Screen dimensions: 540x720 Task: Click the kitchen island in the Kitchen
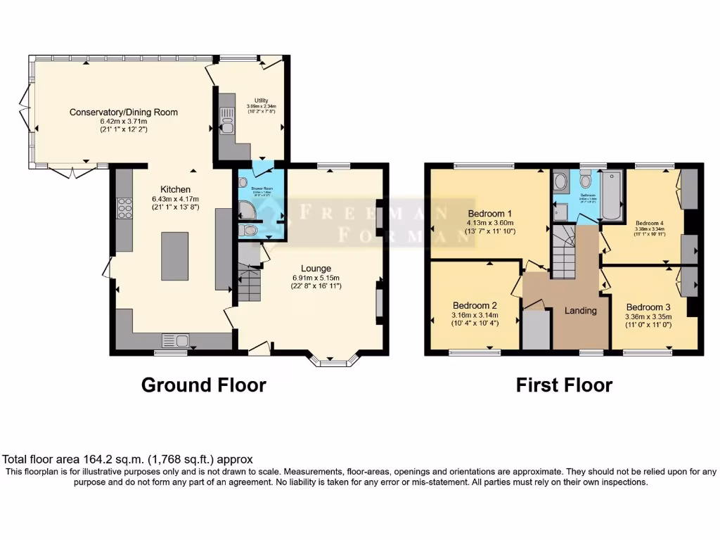click(176, 257)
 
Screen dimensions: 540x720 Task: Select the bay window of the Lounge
click(335, 361)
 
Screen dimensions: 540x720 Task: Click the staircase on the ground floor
click(248, 283)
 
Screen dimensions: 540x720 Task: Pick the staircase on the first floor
click(562, 257)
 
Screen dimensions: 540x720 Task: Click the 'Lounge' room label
click(316, 269)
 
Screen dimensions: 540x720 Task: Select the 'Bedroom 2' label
click(475, 306)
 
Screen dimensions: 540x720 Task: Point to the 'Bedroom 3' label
click(649, 307)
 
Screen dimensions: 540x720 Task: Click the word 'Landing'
click(581, 310)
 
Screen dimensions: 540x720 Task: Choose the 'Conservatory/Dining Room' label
click(123, 112)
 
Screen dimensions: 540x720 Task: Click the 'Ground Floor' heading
click(204, 385)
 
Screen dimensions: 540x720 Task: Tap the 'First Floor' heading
click(564, 385)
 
